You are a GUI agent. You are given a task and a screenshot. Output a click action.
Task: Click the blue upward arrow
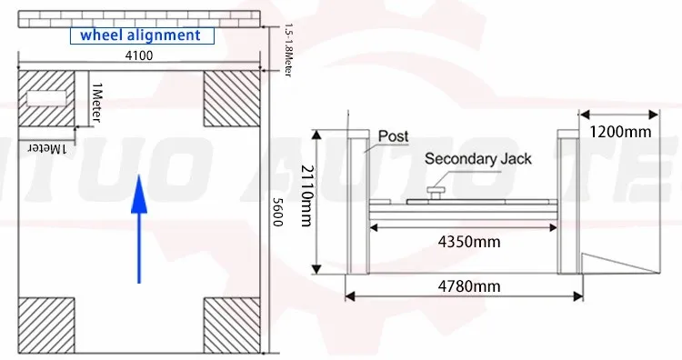(x=138, y=227)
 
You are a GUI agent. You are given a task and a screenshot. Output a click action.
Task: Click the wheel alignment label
(x=139, y=35)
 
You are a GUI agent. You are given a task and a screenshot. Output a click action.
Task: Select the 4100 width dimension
(x=139, y=57)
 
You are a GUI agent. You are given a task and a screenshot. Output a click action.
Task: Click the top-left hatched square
(x=48, y=98)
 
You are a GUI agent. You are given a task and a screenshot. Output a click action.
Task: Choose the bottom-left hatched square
(x=48, y=325)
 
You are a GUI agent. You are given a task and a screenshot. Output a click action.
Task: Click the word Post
(x=393, y=136)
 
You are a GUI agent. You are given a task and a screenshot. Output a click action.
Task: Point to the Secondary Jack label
(x=478, y=160)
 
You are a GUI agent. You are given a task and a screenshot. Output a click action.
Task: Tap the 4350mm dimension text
(x=469, y=243)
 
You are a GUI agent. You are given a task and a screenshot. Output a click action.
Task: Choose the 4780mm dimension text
(x=469, y=285)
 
